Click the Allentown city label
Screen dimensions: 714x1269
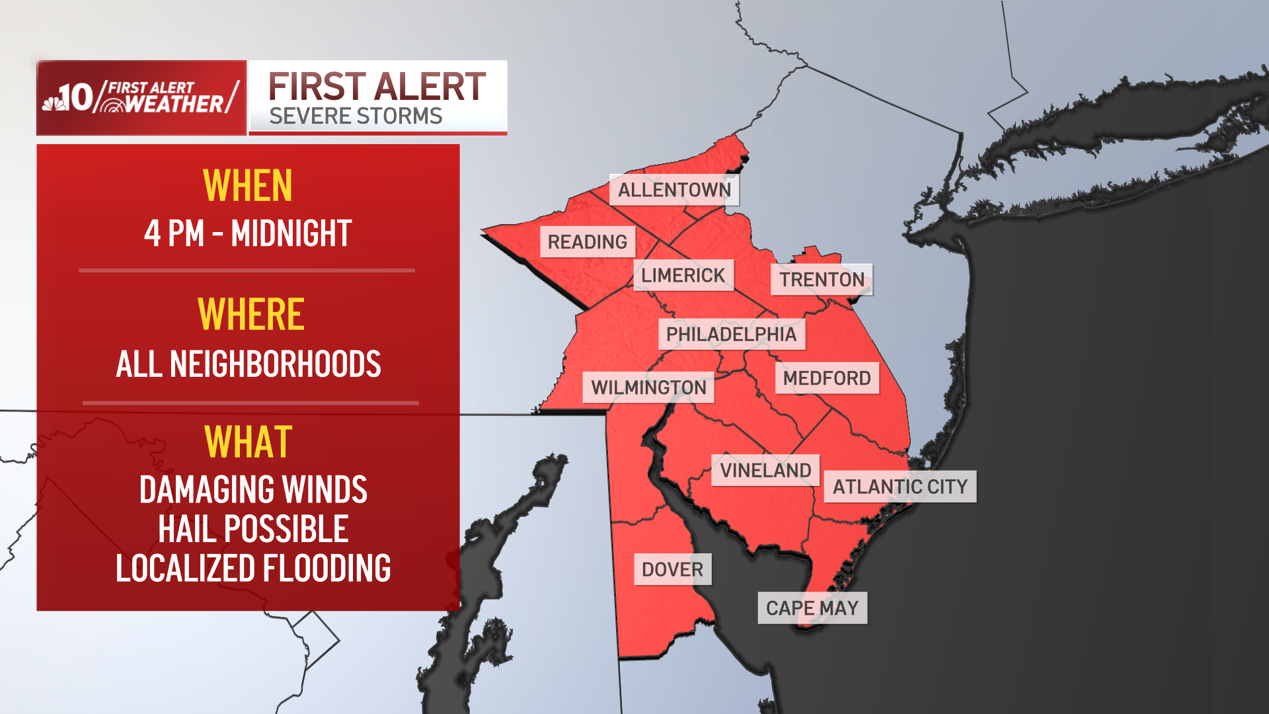tap(674, 190)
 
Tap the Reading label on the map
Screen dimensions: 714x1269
tap(588, 242)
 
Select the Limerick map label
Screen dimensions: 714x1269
tap(683, 275)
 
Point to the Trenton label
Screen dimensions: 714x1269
tap(822, 280)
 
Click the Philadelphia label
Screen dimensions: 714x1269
tap(731, 335)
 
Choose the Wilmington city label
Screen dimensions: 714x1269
tap(648, 387)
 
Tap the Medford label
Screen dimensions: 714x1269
tap(827, 378)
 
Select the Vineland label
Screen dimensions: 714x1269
tap(765, 471)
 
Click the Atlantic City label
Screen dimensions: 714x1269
tap(900, 487)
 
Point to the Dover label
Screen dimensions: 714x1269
tap(672, 569)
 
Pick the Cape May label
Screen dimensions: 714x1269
tap(812, 608)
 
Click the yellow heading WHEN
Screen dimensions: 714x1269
tap(248, 186)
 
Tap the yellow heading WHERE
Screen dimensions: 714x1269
tap(250, 314)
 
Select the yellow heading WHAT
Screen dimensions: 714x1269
tap(249, 442)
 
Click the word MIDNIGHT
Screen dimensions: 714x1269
tap(291, 233)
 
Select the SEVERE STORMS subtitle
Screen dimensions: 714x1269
tap(356, 116)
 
